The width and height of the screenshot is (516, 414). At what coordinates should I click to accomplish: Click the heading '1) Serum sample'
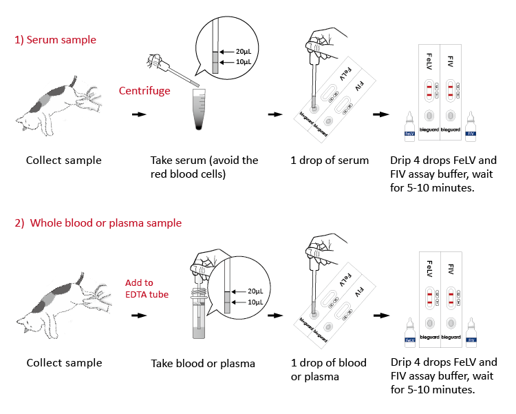(56, 40)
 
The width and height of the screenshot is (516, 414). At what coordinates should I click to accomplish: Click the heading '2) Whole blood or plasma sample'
(98, 223)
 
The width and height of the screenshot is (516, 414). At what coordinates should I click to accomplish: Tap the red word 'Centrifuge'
(144, 91)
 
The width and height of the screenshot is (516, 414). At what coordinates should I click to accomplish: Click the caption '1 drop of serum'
(330, 161)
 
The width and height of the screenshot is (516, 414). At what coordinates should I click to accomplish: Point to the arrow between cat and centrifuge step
(139, 115)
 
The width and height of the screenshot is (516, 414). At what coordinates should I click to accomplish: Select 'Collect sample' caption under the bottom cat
(64, 363)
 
